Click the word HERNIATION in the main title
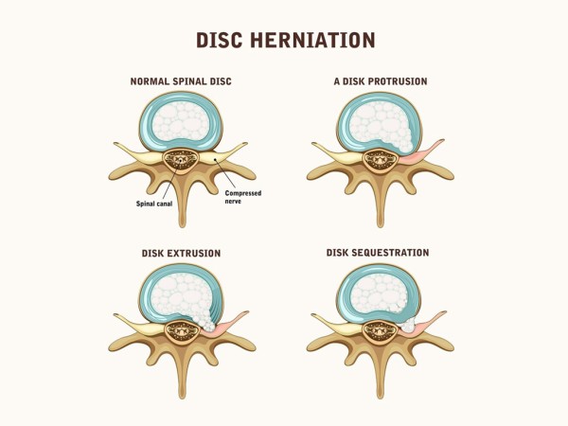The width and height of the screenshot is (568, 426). tap(312, 40)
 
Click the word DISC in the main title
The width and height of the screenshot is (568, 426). tap(220, 40)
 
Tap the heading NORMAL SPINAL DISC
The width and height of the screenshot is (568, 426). tap(181, 81)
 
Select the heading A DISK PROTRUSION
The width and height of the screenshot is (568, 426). tap(381, 81)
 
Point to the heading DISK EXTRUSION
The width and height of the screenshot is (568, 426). tap(181, 253)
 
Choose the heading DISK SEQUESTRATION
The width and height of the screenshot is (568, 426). tap(378, 253)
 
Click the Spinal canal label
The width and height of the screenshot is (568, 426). tap(154, 204)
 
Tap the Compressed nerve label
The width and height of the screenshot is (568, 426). tap(243, 197)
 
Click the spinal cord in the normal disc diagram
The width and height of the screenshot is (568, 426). tap(181, 160)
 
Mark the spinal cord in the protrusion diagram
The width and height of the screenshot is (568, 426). tap(381, 160)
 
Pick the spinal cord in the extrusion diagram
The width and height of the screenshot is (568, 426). tap(182, 330)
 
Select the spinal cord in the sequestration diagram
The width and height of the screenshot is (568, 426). tap(381, 330)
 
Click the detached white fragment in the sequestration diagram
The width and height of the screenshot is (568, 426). tap(408, 325)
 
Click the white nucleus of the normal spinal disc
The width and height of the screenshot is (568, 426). tap(181, 121)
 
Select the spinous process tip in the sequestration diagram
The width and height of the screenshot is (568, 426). tap(380, 397)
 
